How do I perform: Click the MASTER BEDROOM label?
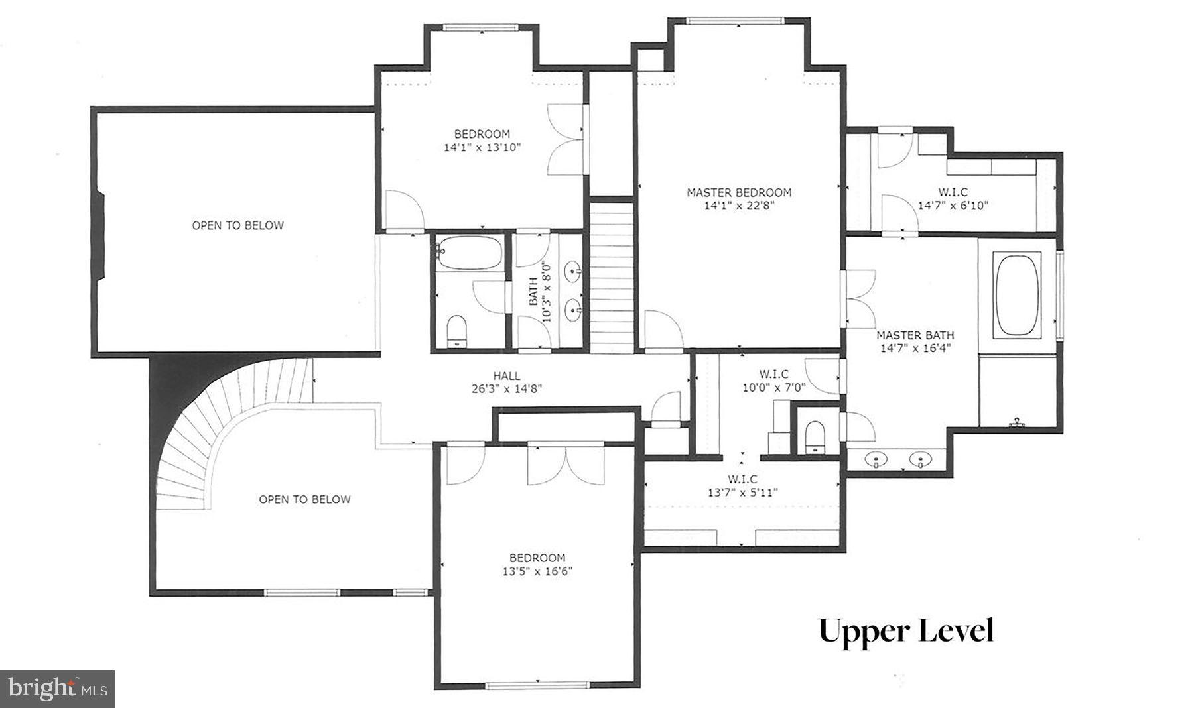(x=738, y=192)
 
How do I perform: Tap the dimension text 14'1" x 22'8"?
(x=738, y=206)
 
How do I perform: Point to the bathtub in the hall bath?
(x=468, y=253)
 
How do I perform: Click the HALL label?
(x=506, y=375)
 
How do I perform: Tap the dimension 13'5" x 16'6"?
(x=537, y=571)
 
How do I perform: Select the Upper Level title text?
(x=905, y=630)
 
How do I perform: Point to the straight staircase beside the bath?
(x=612, y=278)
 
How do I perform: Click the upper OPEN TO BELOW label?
(x=237, y=225)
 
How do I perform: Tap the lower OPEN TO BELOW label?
(x=304, y=499)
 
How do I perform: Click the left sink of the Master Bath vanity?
(x=876, y=459)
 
